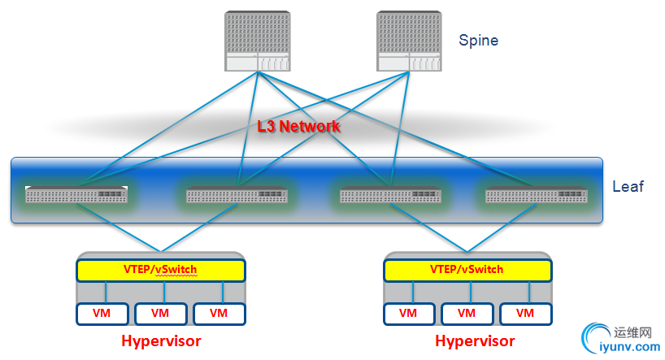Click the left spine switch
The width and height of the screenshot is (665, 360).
pos(257,41)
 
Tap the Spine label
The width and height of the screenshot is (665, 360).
pos(478,40)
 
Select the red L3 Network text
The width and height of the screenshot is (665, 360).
pos(298,127)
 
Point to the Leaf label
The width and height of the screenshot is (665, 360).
pos(628,186)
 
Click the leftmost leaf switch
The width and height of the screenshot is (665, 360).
pos(76,195)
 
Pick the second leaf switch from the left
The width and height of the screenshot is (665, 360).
pos(237,195)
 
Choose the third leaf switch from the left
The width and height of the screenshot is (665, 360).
pos(390,195)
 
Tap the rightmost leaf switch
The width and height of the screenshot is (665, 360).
pos(537,195)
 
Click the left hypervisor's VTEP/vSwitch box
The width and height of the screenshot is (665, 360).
pos(161,269)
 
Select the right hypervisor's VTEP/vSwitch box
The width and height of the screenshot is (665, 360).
pos(467,269)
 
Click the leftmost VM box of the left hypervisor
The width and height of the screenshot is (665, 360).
pos(102,313)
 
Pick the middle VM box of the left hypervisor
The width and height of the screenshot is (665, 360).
pos(161,313)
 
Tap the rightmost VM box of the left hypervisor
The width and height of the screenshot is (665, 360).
pos(219,313)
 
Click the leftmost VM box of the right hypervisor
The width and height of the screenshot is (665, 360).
pos(408,313)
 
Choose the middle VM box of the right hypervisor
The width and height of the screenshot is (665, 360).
pos(467,313)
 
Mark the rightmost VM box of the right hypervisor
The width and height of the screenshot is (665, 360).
pos(525,313)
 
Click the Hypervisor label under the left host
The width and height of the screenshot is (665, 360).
pos(161,340)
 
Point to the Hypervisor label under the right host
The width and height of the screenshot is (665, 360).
pos(475,340)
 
